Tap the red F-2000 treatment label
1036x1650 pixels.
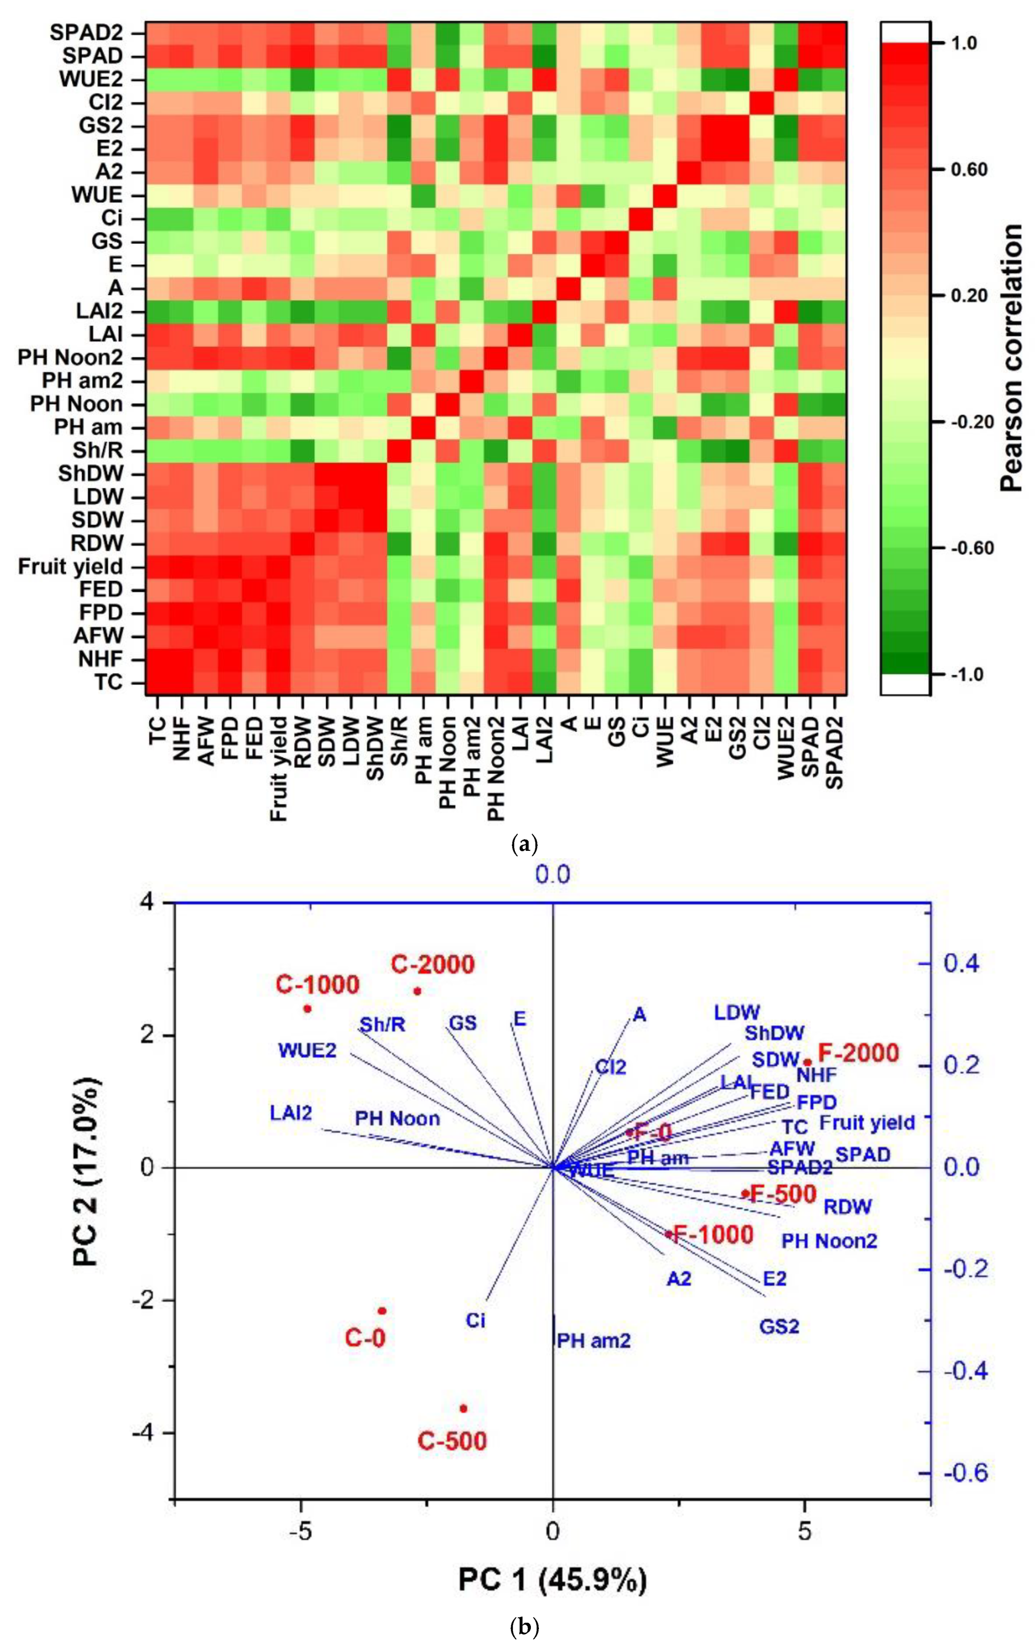click(859, 1052)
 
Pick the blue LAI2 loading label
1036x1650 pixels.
click(291, 1112)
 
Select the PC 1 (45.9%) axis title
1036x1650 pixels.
click(552, 1575)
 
